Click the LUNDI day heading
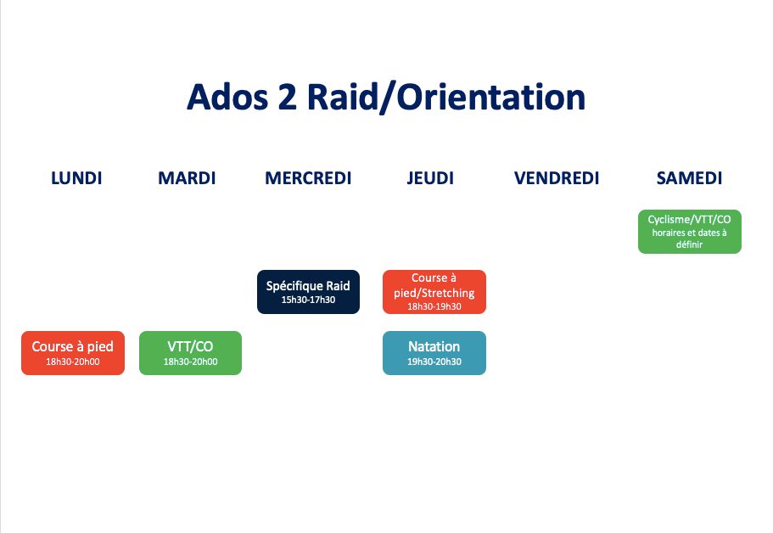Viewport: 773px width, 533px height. pos(76,178)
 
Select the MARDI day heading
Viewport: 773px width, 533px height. pos(187,178)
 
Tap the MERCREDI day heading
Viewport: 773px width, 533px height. pos(308,178)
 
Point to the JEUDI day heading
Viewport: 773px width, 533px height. pos(430,178)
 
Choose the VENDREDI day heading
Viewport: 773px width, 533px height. pos(557,178)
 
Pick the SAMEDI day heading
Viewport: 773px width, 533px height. pos(689,178)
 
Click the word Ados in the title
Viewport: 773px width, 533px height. pos(227,97)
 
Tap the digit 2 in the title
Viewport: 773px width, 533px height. pos(288,97)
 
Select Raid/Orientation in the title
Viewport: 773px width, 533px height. pos(446,97)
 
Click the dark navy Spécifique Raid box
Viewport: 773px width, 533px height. pos(308,292)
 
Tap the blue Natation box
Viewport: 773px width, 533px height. pos(434,353)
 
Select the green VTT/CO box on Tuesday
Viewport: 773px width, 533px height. pos(190,353)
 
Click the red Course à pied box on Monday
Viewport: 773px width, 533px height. pos(73,353)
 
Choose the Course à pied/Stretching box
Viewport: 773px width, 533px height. pos(434,292)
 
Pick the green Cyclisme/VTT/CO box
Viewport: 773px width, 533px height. pos(690,232)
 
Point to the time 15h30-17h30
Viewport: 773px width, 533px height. pos(308,300)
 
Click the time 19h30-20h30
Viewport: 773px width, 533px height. pos(434,362)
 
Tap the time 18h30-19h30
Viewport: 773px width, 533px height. pos(434,306)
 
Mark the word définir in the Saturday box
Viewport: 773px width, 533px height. pos(689,244)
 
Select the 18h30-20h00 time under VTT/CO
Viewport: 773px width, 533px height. pos(190,362)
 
